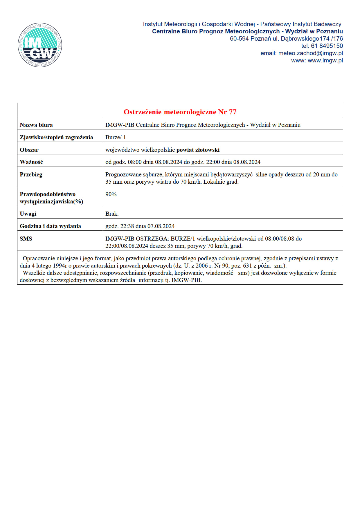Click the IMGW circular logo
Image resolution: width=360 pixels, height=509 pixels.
(40, 45)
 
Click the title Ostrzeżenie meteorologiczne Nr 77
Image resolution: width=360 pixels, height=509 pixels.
(180, 112)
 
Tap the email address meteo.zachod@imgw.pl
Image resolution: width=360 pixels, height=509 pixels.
(310, 53)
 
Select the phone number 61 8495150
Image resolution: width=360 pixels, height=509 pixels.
(327, 46)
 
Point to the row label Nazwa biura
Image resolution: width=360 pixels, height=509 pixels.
(36, 125)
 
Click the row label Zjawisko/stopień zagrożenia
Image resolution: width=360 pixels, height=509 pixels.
(56, 137)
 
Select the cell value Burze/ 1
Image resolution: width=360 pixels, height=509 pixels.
(116, 137)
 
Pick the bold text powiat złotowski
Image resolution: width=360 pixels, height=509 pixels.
(198, 150)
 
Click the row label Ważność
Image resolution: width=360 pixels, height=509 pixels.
(31, 162)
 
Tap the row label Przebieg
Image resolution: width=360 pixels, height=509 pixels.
(31, 174)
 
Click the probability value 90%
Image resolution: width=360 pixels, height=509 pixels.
(111, 194)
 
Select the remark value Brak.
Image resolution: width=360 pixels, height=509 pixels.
(112, 214)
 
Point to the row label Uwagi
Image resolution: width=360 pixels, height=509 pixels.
(28, 214)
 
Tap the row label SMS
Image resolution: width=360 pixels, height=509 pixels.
(26, 239)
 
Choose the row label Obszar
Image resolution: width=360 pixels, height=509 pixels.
(29, 150)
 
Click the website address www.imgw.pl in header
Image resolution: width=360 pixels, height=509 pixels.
(325, 60)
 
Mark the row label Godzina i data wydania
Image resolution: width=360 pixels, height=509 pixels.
(50, 226)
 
